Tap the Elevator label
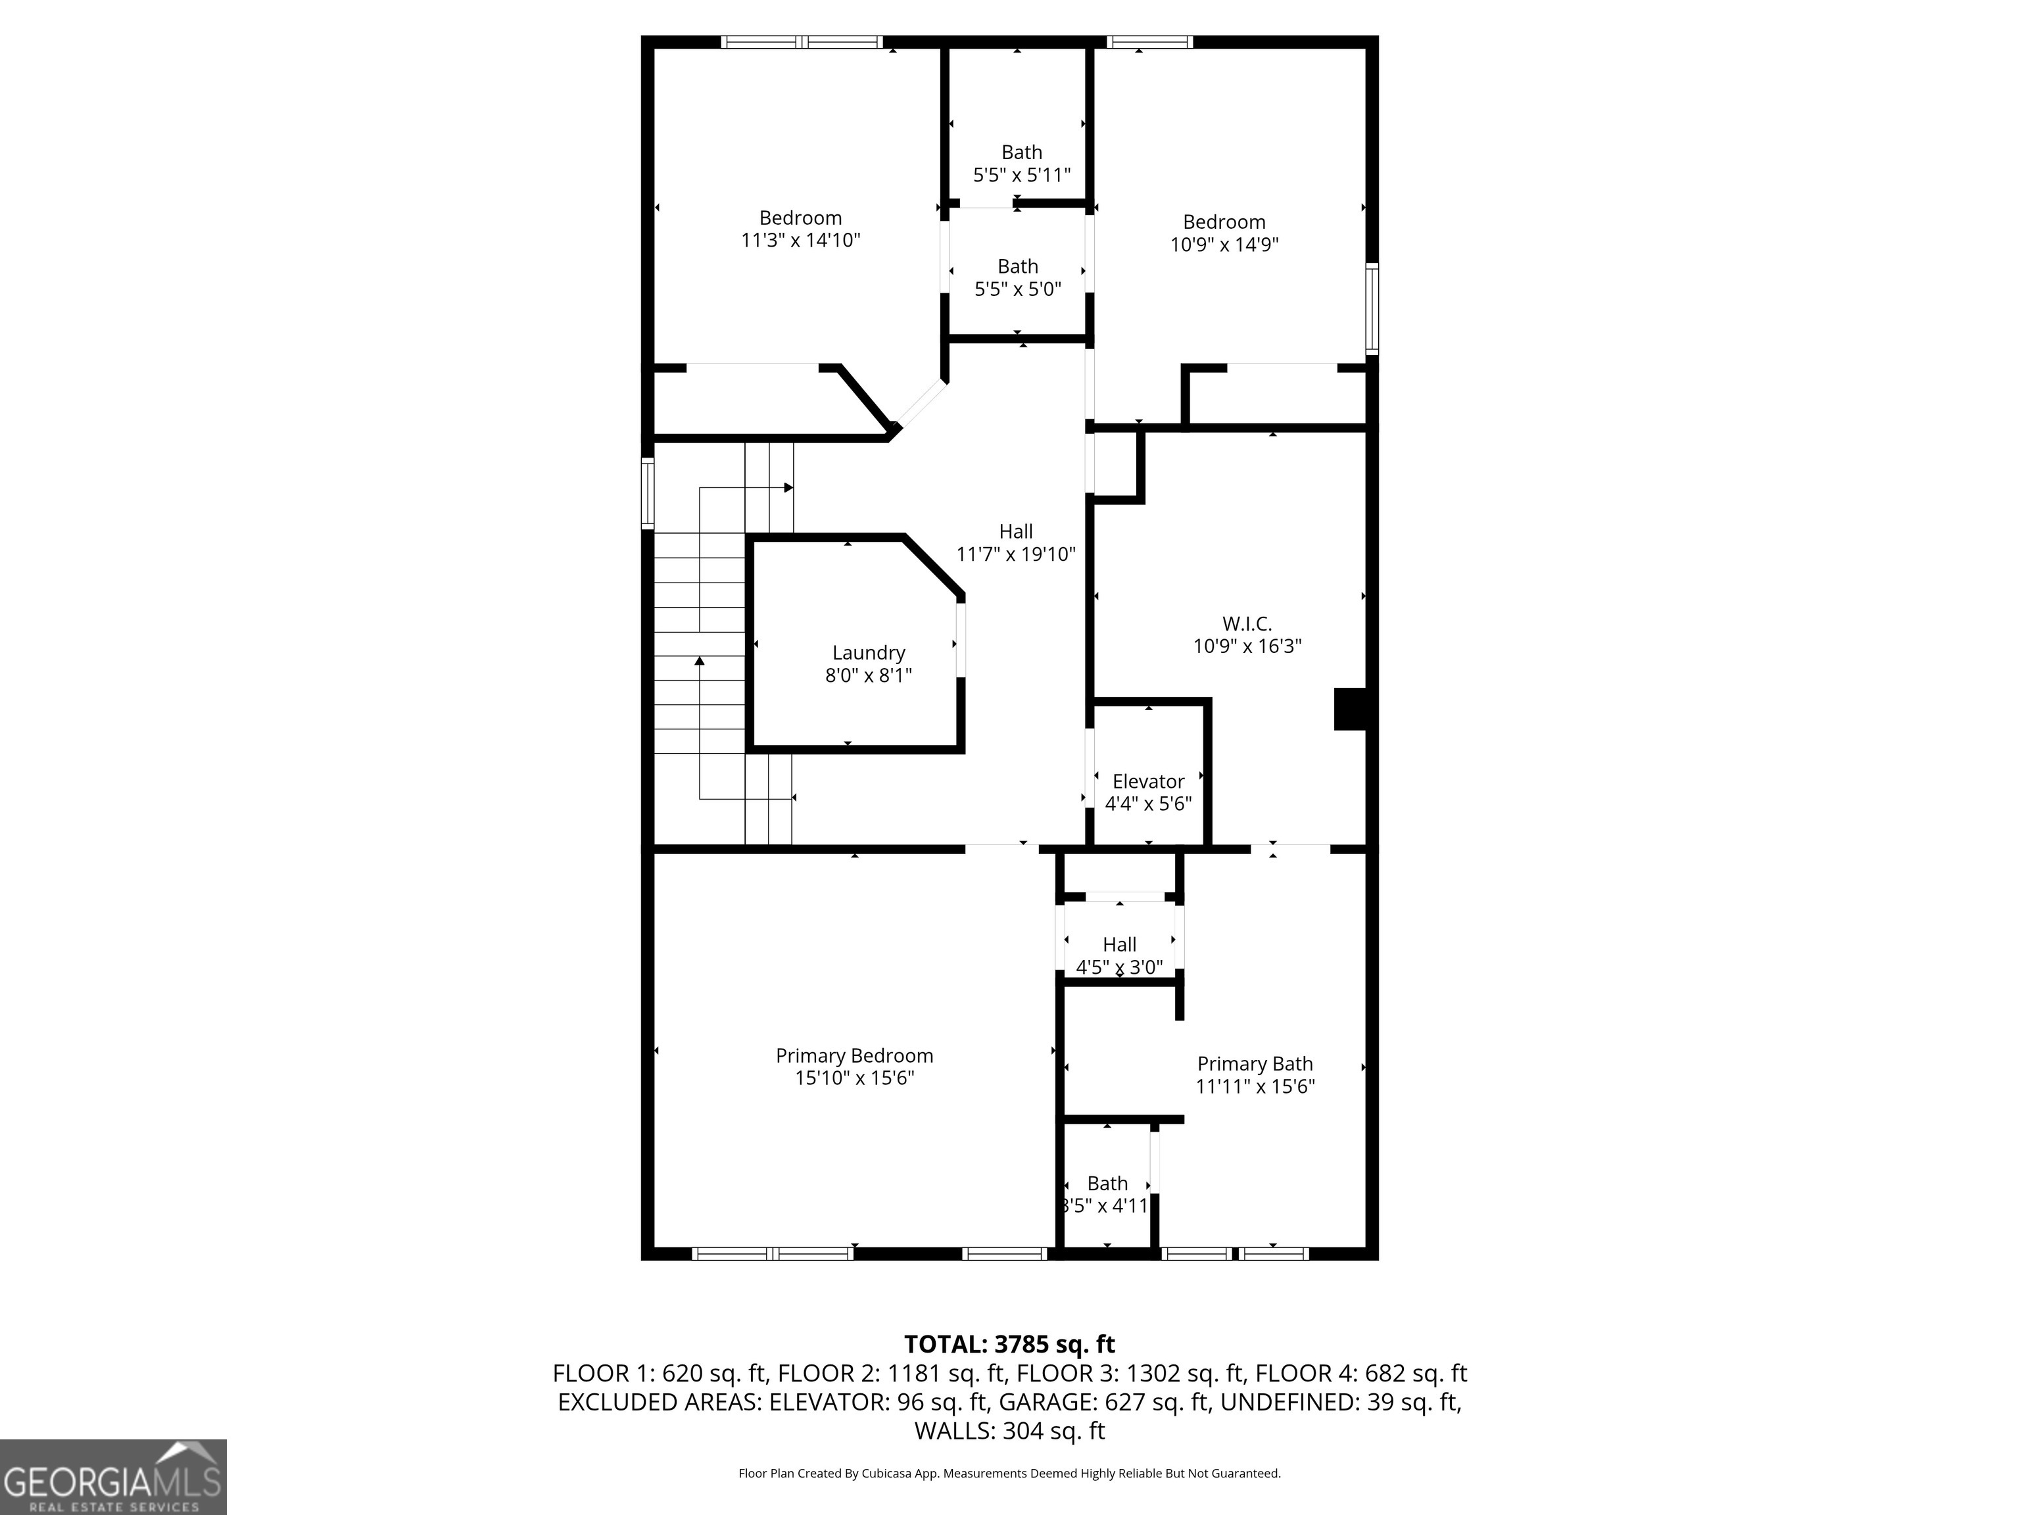[x=1148, y=782]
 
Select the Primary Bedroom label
[x=854, y=1055]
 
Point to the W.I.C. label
[x=1247, y=624]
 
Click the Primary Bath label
[x=1255, y=1064]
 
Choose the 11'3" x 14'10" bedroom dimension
[x=800, y=240]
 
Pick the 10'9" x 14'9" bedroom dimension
[x=1224, y=245]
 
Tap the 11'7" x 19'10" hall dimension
[x=1015, y=554]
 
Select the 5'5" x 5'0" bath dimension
[x=1017, y=289]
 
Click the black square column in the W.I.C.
[x=1350, y=709]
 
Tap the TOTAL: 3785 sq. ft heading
[x=1009, y=1344]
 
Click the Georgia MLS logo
[x=112, y=1477]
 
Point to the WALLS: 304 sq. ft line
[x=1009, y=1430]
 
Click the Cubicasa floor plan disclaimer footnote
[x=1009, y=1473]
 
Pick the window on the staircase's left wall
[x=648, y=493]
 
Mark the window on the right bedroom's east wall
[x=1372, y=308]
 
